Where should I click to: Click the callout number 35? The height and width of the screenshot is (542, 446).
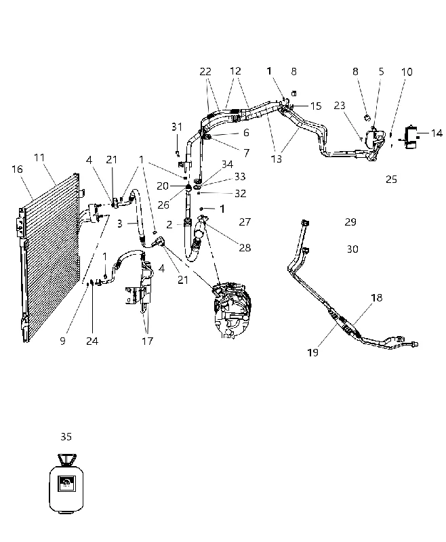click(x=66, y=436)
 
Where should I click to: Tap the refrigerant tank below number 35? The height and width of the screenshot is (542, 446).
click(x=66, y=483)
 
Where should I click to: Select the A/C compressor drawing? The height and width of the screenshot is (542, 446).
click(x=232, y=310)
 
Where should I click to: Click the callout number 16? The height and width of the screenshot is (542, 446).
click(x=18, y=169)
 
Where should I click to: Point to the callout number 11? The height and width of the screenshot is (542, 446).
click(x=39, y=158)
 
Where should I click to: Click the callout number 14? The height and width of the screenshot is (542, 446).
click(x=437, y=133)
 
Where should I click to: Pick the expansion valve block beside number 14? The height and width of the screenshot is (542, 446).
click(x=411, y=138)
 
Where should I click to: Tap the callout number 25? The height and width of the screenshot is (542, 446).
click(x=391, y=180)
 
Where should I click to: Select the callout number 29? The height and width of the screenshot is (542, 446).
click(x=350, y=222)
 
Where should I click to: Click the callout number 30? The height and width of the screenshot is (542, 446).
click(x=352, y=249)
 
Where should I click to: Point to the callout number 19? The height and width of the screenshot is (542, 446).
click(x=312, y=352)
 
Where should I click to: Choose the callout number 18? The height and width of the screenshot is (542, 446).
click(x=376, y=297)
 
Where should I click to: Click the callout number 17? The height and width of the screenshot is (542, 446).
click(x=147, y=341)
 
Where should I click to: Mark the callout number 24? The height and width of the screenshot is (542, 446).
click(x=92, y=341)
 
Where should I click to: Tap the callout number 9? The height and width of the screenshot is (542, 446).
click(x=62, y=341)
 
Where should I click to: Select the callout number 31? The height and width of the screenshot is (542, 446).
click(x=177, y=127)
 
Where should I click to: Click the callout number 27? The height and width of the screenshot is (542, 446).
click(x=245, y=222)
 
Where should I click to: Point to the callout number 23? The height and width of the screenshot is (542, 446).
click(x=340, y=106)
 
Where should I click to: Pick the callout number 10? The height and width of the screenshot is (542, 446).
click(x=407, y=72)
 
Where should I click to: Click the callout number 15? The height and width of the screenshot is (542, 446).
click(x=316, y=106)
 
